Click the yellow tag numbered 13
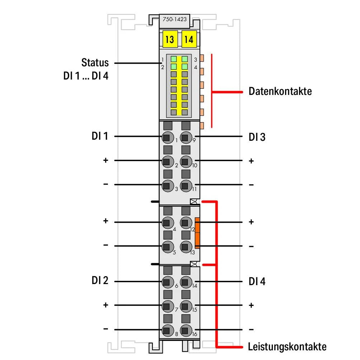pyautogui.click(x=170, y=39)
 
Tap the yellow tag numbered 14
pyautogui.click(x=189, y=39)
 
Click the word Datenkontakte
pyautogui.click(x=280, y=91)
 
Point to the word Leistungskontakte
pyautogui.click(x=287, y=347)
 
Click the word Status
pyautogui.click(x=95, y=63)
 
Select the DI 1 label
pyautogui.click(x=99, y=136)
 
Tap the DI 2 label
pyautogui.click(x=99, y=281)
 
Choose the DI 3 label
pyautogui.click(x=257, y=137)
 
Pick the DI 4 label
pyautogui.click(x=257, y=282)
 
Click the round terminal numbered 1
pyautogui.click(x=167, y=136)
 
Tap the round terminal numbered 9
pyautogui.click(x=185, y=136)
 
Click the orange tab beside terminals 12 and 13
pyautogui.click(x=197, y=233)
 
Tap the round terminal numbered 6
pyautogui.click(x=167, y=282)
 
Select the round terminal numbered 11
pyautogui.click(x=185, y=185)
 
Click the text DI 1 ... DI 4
pyautogui.click(x=86, y=77)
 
